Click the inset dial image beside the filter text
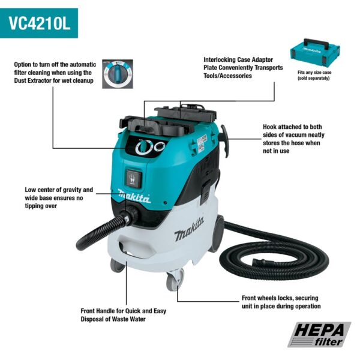coord(117,73)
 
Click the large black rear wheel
coord(217,234)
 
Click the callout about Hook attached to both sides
coord(291,139)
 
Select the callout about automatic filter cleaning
coord(54,73)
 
